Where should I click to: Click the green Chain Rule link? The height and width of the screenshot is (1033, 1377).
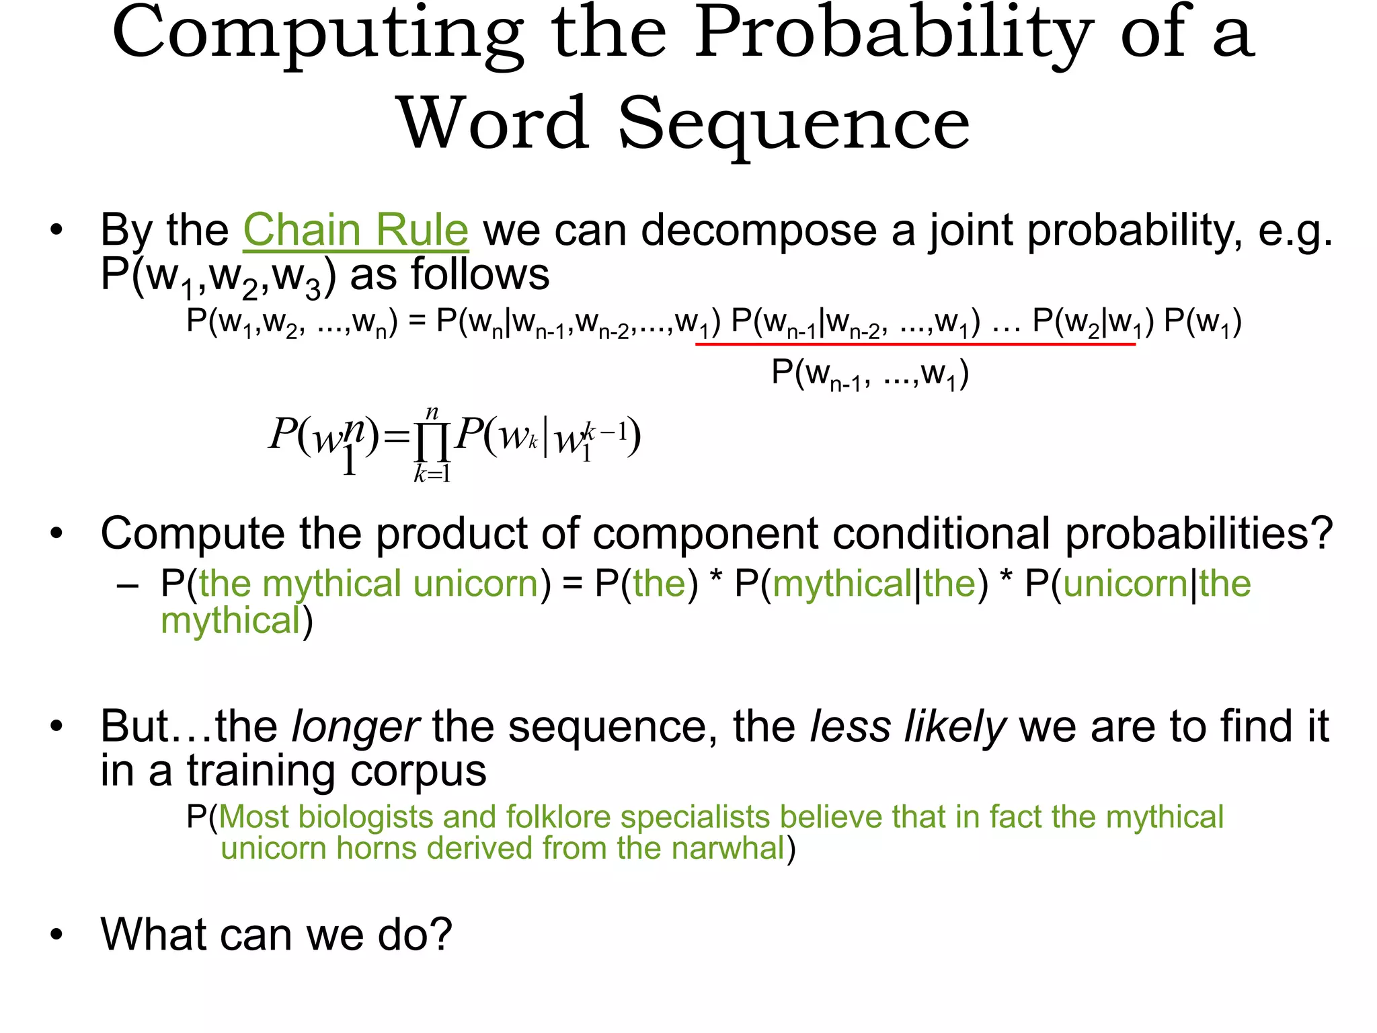click(x=355, y=230)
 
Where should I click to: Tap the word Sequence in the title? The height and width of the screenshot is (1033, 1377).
click(x=793, y=124)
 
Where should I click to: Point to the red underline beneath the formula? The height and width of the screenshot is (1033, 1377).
click(x=914, y=344)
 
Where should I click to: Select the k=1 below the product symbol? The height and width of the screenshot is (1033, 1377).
click(x=432, y=475)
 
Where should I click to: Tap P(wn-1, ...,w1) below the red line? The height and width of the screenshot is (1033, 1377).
click(x=870, y=373)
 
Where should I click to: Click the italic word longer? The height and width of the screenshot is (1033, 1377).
click(x=356, y=727)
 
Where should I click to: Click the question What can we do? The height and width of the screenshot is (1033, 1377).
click(x=276, y=935)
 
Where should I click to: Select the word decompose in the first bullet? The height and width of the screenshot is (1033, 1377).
click(x=758, y=230)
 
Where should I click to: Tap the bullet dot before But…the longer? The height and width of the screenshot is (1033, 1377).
click(x=56, y=726)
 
